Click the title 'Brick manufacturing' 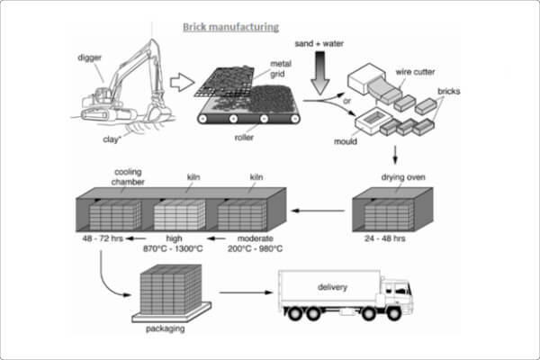pyautogui.click(x=230, y=27)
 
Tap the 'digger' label pyautogui.click(x=89, y=58)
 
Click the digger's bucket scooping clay pyautogui.click(x=158, y=111)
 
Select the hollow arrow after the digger pyautogui.click(x=182, y=82)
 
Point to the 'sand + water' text pyautogui.click(x=319, y=44)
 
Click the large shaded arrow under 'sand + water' pyautogui.click(x=319, y=73)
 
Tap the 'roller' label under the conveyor pyautogui.click(x=244, y=138)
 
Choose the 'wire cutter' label pyautogui.click(x=415, y=72)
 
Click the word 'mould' pyautogui.click(x=346, y=141)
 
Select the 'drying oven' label pyautogui.click(x=403, y=177)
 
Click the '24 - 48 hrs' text pyautogui.click(x=384, y=238)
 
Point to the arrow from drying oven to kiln pyautogui.click(x=319, y=211)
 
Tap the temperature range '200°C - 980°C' pyautogui.click(x=255, y=248)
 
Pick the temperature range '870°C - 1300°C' pyautogui.click(x=173, y=248)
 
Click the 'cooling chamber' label pyautogui.click(x=128, y=176)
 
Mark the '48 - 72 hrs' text pyautogui.click(x=103, y=238)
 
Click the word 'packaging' pyautogui.click(x=166, y=328)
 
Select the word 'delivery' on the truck pyautogui.click(x=332, y=287)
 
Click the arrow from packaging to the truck pyautogui.click(x=246, y=292)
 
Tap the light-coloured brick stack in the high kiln pyautogui.click(x=179, y=215)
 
